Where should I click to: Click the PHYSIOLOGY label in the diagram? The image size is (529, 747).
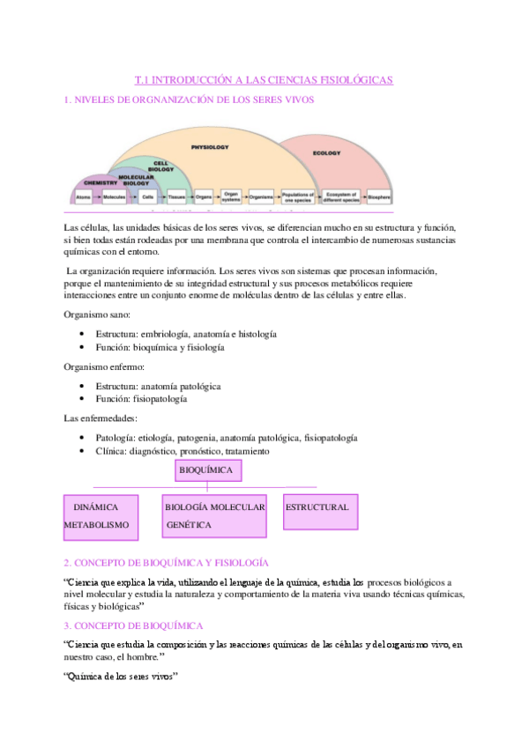pyautogui.click(x=211, y=147)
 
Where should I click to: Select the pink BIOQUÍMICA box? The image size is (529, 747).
pyautogui.click(x=207, y=471)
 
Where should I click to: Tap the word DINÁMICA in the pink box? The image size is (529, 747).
pyautogui.click(x=95, y=507)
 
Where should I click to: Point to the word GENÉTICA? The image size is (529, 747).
pyautogui.click(x=188, y=524)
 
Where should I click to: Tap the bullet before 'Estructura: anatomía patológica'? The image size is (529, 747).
pyautogui.click(x=82, y=386)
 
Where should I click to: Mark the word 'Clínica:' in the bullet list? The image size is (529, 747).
pyautogui.click(x=114, y=451)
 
